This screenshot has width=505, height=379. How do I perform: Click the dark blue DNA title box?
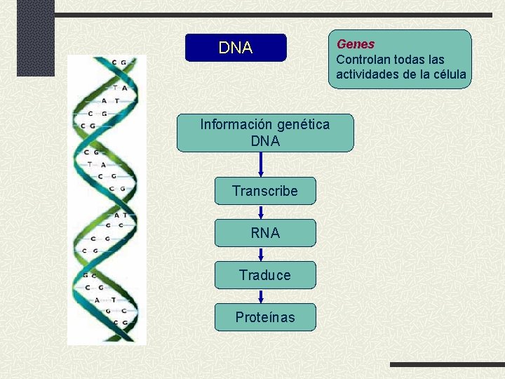pos(236,48)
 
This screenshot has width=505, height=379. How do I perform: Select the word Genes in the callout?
pos(356,44)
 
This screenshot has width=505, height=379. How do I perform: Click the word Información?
pos(236,125)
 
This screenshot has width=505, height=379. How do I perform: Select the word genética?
pos(303,125)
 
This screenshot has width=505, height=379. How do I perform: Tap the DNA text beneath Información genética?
pos(265,141)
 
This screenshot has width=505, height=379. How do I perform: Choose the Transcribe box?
pos(265,191)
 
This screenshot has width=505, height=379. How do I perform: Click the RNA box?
pos(265,233)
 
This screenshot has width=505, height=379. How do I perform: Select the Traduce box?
pos(265,275)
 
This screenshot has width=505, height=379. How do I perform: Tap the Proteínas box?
pos(265,317)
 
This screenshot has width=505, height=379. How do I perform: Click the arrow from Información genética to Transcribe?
pos(261,164)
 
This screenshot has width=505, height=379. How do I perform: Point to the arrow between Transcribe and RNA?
pos(261,212)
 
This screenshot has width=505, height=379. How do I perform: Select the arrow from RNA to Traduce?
pos(261,254)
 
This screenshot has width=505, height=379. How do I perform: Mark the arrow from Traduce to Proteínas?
pos(261,296)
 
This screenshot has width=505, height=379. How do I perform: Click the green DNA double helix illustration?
pos(107,200)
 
